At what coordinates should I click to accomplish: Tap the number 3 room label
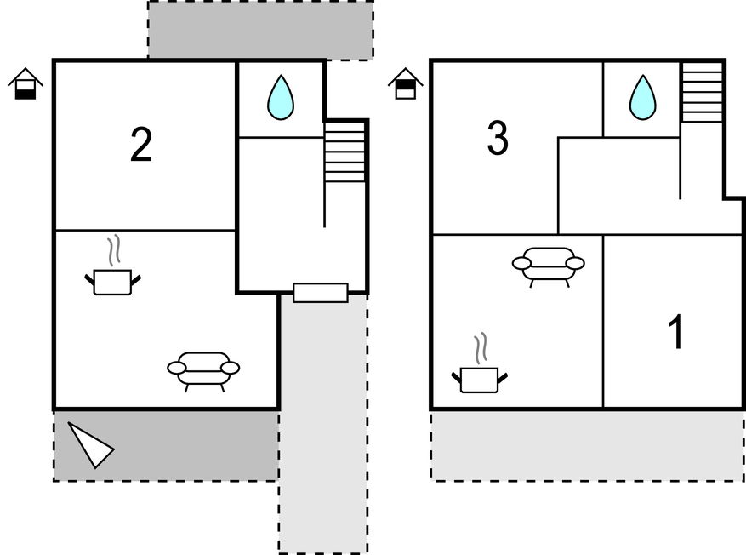(498, 139)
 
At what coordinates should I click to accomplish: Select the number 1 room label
(676, 333)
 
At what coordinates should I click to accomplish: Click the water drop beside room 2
(280, 98)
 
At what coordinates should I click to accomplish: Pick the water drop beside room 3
(642, 98)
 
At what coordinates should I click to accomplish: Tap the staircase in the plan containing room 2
(345, 153)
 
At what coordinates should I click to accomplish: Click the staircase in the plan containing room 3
(702, 93)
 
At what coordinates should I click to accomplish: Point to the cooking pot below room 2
(112, 281)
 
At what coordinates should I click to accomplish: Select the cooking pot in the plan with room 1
(479, 379)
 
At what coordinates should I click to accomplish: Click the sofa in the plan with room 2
(203, 369)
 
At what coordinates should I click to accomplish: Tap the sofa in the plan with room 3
(548, 264)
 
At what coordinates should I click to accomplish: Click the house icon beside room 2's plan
(26, 83)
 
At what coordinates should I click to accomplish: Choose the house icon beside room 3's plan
(406, 83)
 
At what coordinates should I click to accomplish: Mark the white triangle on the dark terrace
(90, 444)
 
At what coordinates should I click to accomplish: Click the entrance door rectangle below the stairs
(321, 292)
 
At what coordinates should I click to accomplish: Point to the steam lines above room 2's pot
(113, 251)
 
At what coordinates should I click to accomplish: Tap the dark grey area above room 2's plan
(260, 30)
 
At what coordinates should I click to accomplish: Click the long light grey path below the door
(323, 426)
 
